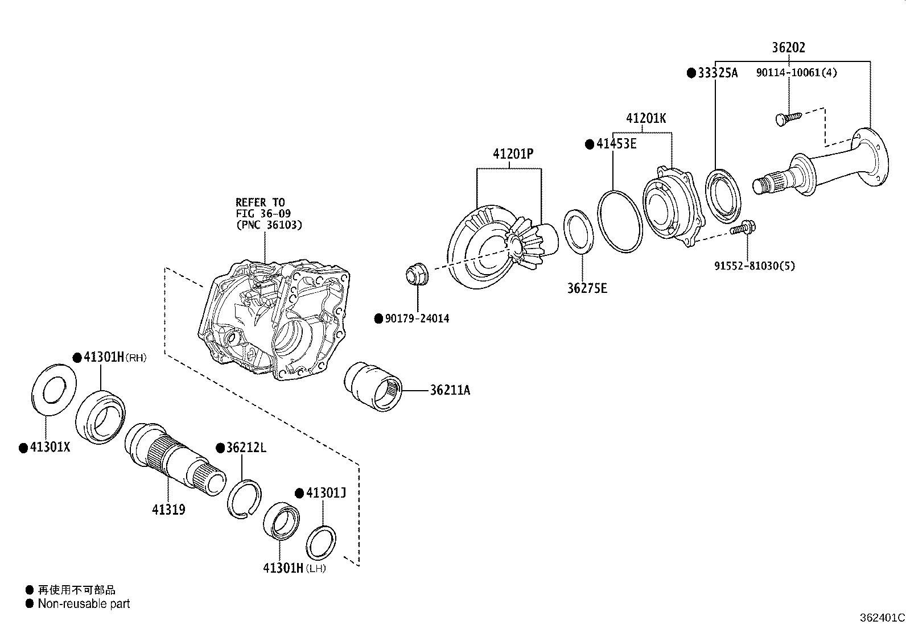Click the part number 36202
[788, 48]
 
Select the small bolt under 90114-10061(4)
[788, 118]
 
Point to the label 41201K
[645, 118]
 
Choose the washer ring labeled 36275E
[579, 234]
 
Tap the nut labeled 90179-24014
[417, 275]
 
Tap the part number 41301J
[326, 492]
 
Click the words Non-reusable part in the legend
[84, 604]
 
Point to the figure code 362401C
[882, 618]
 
